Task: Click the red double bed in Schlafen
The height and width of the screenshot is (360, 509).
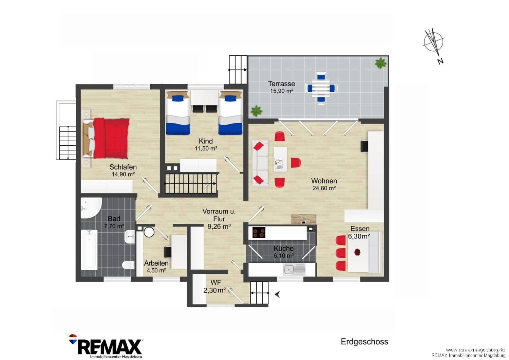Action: (106, 138)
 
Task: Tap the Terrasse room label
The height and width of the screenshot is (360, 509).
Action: (281, 84)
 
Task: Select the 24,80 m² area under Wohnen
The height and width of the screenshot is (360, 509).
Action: (324, 188)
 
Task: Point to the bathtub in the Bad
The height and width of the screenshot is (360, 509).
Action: (89, 250)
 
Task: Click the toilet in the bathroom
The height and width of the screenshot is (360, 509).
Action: (128, 265)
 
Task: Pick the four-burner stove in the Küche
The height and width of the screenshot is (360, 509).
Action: (259, 232)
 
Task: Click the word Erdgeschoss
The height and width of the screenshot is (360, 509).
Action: (364, 342)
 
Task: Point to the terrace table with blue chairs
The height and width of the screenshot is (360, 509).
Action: (321, 88)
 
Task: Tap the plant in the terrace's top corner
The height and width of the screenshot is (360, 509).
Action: (380, 63)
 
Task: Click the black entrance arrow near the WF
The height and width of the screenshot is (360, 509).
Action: (277, 294)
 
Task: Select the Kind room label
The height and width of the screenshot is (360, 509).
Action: (206, 141)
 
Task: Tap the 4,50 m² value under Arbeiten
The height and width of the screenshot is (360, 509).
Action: (156, 270)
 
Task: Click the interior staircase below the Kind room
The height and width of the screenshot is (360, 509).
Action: (190, 184)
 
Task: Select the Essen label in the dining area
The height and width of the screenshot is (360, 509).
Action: (360, 229)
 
